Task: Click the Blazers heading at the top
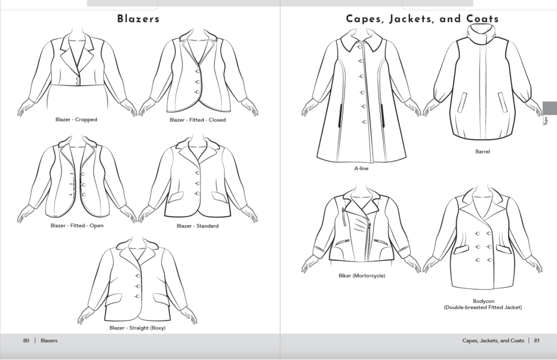pyautogui.click(x=138, y=19)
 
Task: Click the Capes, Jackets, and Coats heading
pyautogui.click(x=422, y=19)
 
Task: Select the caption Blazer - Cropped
pyautogui.click(x=76, y=120)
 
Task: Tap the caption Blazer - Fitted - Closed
pyautogui.click(x=197, y=120)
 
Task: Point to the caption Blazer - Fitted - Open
pyautogui.click(x=77, y=226)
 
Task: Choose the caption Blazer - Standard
pyautogui.click(x=197, y=226)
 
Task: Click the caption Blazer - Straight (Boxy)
pyautogui.click(x=137, y=328)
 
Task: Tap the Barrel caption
pyautogui.click(x=483, y=152)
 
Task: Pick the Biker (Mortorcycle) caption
pyautogui.click(x=361, y=276)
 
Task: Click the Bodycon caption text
pyautogui.click(x=483, y=301)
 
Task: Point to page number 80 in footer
pyautogui.click(x=26, y=341)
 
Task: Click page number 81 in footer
pyautogui.click(x=536, y=341)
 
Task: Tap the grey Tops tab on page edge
pyautogui.click(x=548, y=114)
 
